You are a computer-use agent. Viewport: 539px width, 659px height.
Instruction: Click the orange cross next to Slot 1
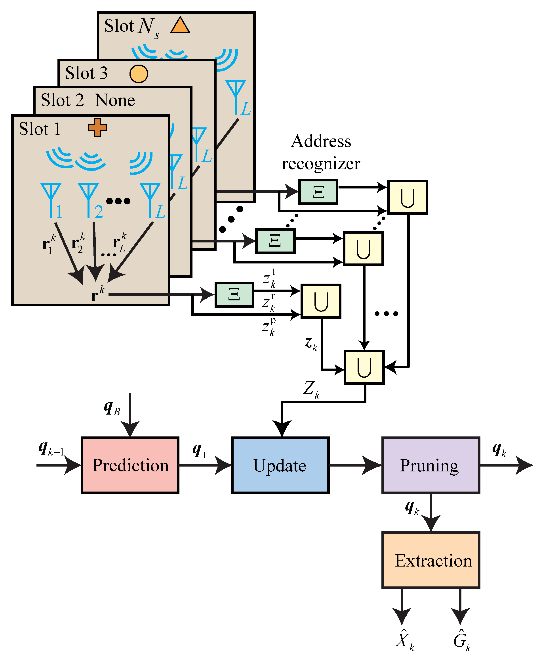[97, 127]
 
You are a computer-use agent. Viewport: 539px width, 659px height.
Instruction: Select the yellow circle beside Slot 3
[139, 74]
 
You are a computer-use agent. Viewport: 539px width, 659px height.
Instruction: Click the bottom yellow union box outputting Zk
[364, 367]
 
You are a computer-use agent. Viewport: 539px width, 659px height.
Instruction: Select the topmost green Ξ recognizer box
[318, 192]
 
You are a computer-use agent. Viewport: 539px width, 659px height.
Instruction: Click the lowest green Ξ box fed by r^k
[234, 295]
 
